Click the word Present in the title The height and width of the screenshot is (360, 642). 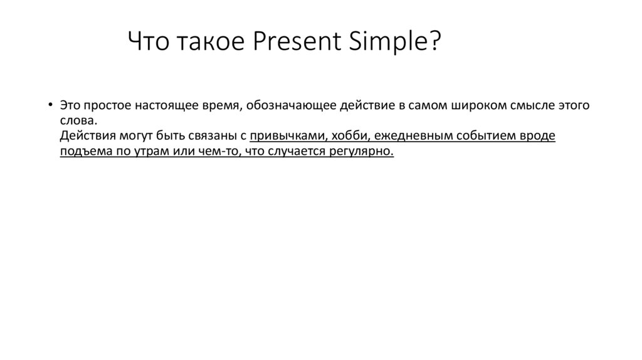[x=294, y=43]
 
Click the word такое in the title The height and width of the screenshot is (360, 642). [x=208, y=43]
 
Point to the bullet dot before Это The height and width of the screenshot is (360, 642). [x=50, y=103]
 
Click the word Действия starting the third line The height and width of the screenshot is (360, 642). [x=85, y=136]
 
